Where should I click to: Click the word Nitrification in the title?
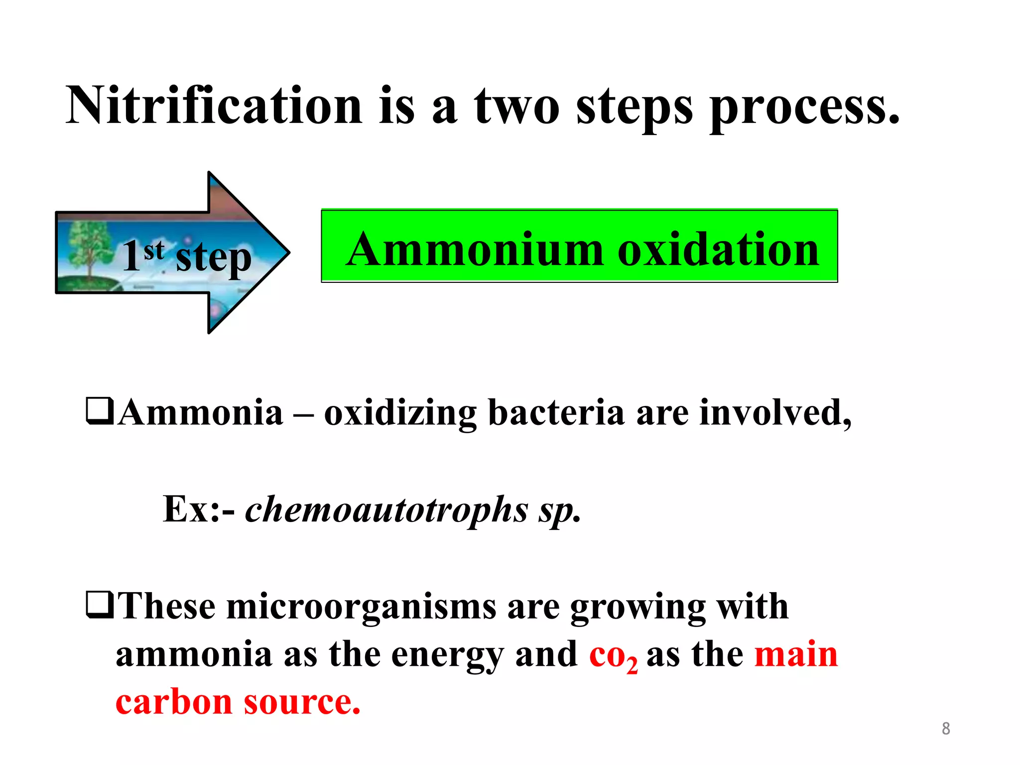pyautogui.click(x=214, y=106)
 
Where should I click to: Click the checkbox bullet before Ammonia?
pyautogui.click(x=100, y=411)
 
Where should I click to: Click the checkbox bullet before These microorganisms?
pyautogui.click(x=100, y=605)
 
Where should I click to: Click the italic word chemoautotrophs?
pyautogui.click(x=386, y=510)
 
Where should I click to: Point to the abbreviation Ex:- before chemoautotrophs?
pyautogui.click(x=198, y=509)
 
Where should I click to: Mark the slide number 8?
pyautogui.click(x=946, y=729)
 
